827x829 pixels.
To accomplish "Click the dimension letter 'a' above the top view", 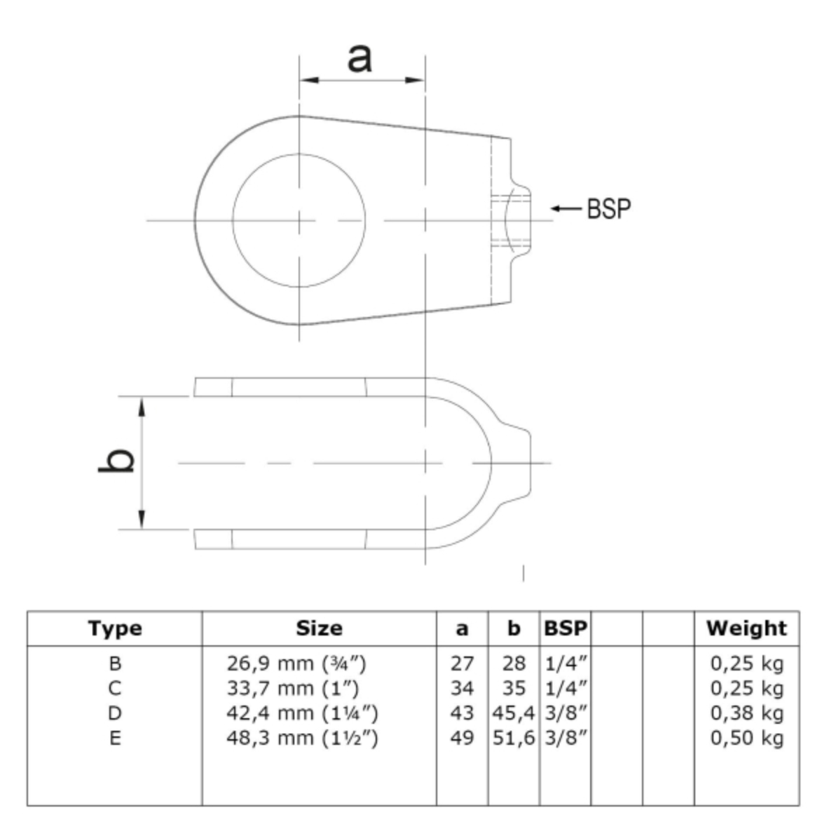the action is point(360,58).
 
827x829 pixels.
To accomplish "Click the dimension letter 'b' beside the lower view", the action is point(116,459).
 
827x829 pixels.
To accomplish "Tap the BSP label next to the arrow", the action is point(609,208).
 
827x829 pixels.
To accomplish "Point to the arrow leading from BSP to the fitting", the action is point(566,208).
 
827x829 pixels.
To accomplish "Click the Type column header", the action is point(115,628).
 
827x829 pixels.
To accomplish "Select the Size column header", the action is point(319,628).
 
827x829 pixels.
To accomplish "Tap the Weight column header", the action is point(746,628).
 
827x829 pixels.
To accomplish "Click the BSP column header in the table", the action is point(566,628).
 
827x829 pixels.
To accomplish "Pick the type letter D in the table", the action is point(115,713).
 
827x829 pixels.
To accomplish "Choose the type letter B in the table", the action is point(115,663).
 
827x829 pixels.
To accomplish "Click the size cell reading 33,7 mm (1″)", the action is point(293,688).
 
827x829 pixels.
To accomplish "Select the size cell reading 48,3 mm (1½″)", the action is point(302,738).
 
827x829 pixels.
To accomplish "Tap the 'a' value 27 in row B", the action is point(463,663).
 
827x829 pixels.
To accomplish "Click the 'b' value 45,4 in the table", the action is point(514,713).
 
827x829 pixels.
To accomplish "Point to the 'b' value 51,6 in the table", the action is point(514,738).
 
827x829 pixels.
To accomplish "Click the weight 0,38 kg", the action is point(746,713).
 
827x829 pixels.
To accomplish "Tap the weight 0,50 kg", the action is point(746,738).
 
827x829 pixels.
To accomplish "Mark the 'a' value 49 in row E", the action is point(463,738).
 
